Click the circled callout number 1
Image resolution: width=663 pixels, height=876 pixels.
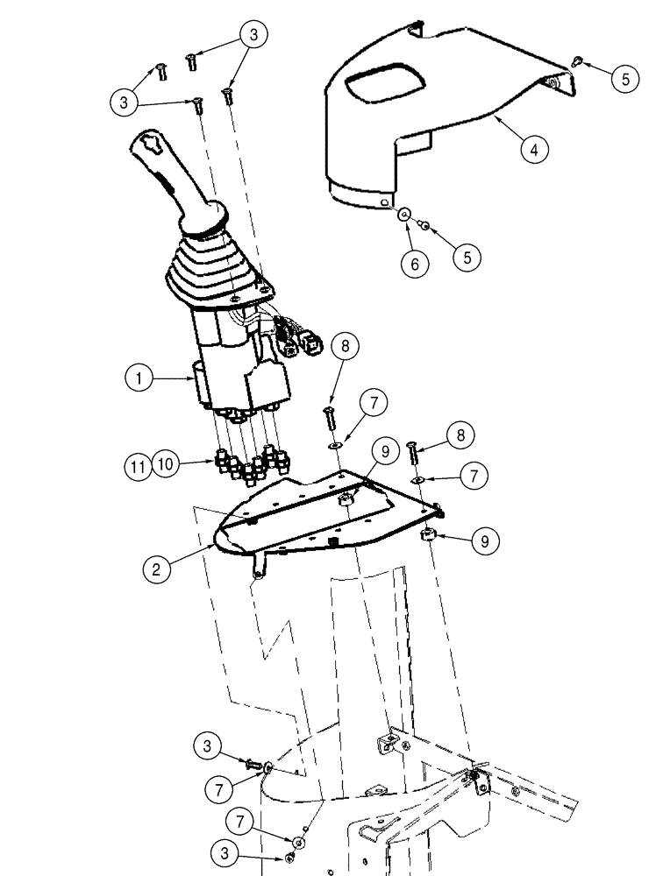coord(139,379)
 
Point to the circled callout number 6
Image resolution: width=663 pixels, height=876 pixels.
coord(414,263)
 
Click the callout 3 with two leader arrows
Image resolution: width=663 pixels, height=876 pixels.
coord(253,35)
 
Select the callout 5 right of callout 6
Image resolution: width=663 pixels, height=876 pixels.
coord(467,257)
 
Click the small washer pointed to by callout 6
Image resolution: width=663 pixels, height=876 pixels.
coord(404,215)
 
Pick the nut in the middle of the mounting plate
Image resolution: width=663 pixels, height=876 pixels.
coord(346,498)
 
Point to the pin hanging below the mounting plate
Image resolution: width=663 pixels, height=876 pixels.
coord(260,569)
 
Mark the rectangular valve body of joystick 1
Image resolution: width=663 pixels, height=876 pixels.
coord(232,368)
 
